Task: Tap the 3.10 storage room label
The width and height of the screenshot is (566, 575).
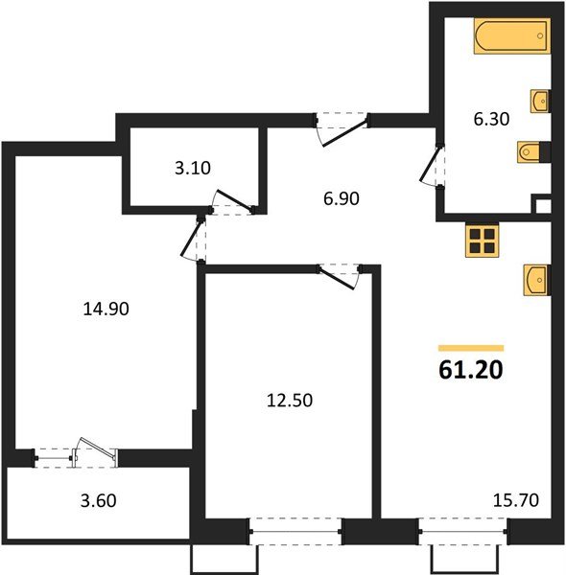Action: (x=193, y=170)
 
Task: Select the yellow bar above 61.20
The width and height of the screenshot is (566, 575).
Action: (x=470, y=346)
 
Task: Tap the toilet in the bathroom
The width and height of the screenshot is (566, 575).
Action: (x=531, y=150)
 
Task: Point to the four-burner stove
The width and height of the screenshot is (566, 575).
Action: (x=482, y=240)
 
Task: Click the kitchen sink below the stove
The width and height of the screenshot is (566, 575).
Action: (x=536, y=281)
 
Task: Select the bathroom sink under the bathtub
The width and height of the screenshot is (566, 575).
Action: (x=538, y=100)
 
